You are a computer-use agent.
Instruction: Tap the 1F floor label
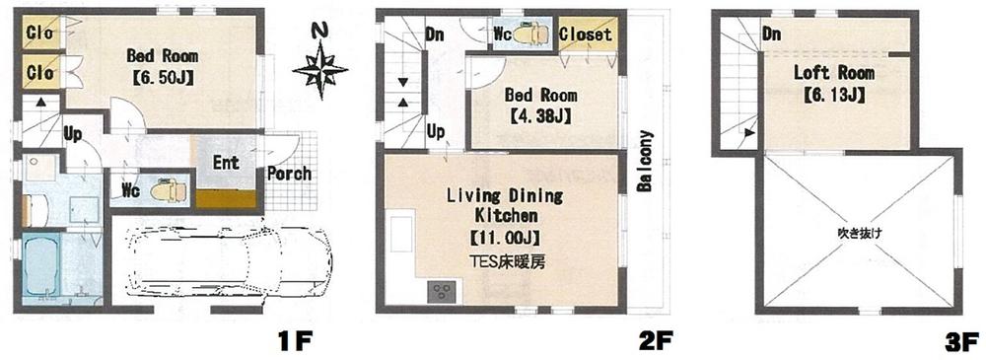(x=295, y=342)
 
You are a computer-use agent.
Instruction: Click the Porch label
(x=289, y=174)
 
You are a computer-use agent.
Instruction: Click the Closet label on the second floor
(x=586, y=35)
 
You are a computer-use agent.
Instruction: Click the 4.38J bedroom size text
(x=541, y=116)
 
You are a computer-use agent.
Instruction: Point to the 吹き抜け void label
(x=857, y=235)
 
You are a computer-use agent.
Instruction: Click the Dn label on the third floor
(x=773, y=35)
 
